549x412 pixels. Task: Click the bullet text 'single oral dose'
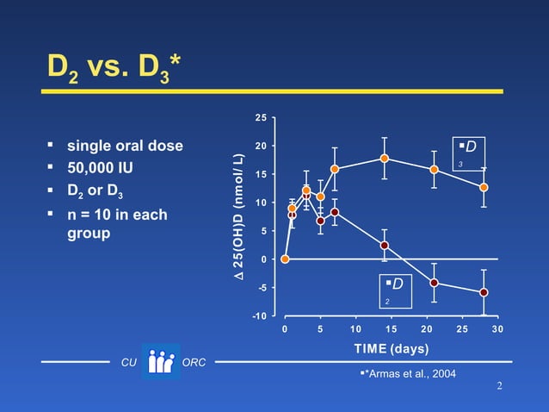pyautogui.click(x=125, y=146)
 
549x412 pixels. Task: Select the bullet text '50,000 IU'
pyautogui.click(x=101, y=165)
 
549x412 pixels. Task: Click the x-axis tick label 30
pyautogui.click(x=497, y=328)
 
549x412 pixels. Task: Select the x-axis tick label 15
pyautogui.click(x=392, y=328)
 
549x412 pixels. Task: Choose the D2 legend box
pyautogui.click(x=397, y=290)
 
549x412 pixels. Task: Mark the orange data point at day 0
pyautogui.click(x=285, y=259)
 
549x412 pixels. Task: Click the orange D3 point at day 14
pyautogui.click(x=384, y=158)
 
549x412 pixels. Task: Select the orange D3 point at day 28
pyautogui.click(x=484, y=187)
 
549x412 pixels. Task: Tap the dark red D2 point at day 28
pyautogui.click(x=484, y=292)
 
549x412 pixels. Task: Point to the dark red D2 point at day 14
pyautogui.click(x=384, y=246)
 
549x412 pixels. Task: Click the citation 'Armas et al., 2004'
pyautogui.click(x=410, y=373)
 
